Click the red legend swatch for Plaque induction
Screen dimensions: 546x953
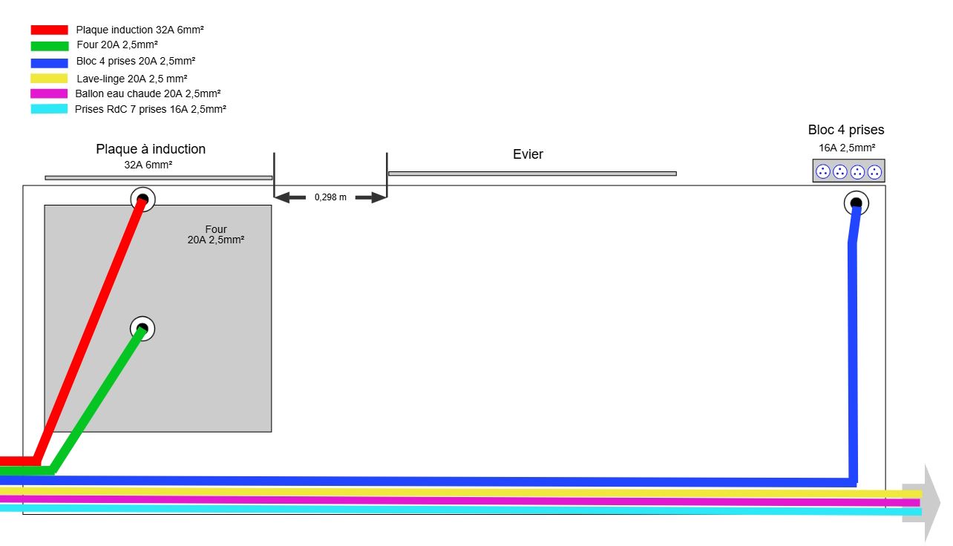point(49,30)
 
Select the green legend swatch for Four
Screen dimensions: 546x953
point(49,46)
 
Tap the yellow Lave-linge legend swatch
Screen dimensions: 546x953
point(49,79)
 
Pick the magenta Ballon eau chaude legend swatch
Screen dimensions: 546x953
point(49,93)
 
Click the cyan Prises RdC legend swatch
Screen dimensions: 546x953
point(49,109)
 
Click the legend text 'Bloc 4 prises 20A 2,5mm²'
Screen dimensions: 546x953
point(136,62)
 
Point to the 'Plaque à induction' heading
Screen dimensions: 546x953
point(151,149)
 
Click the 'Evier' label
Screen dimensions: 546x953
point(528,154)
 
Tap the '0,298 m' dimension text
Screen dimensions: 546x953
point(330,197)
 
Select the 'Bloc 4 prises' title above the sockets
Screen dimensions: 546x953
point(846,130)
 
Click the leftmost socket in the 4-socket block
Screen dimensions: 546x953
point(823,171)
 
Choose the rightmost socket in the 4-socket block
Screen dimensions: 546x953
point(875,171)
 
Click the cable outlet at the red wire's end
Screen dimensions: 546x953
point(143,199)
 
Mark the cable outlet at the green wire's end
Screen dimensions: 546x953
point(143,328)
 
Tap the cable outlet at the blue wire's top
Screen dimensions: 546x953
point(856,203)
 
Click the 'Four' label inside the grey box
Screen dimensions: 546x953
point(216,229)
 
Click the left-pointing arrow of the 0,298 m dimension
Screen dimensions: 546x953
point(290,197)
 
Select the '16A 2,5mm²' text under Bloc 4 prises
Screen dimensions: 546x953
point(846,148)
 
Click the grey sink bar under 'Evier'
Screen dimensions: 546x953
point(531,174)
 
